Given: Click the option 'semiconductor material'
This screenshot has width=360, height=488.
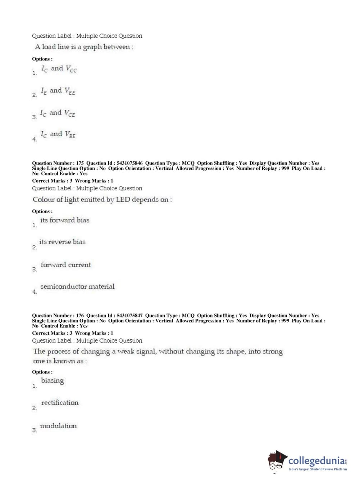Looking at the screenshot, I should click(x=77, y=287).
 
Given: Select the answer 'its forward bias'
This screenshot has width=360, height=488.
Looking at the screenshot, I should click(x=65, y=220).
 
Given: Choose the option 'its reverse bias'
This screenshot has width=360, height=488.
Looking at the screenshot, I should click(x=62, y=242).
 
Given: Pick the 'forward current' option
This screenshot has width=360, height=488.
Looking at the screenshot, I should click(x=66, y=265).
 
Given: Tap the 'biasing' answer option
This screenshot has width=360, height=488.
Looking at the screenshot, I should click(x=53, y=381).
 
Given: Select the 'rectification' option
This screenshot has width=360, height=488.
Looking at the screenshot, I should click(x=60, y=403).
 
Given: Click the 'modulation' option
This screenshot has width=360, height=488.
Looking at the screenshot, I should click(x=58, y=426).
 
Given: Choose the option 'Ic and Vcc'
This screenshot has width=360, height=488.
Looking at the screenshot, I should click(x=59, y=69).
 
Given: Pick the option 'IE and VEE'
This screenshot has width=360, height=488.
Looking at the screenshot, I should click(x=58, y=91).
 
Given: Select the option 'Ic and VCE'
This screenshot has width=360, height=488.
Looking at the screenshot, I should click(x=58, y=113).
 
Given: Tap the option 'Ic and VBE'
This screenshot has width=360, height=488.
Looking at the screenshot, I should click(x=58, y=135).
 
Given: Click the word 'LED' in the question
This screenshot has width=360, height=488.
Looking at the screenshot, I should click(x=123, y=200).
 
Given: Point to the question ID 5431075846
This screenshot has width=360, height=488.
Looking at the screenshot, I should click(x=129, y=163).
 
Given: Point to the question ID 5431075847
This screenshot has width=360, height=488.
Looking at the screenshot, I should click(x=129, y=315).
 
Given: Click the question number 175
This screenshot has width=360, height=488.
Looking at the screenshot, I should click(x=80, y=163).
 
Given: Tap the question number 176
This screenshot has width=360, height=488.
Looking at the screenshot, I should click(x=80, y=315).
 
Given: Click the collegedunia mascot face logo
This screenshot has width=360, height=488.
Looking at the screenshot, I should click(x=277, y=461).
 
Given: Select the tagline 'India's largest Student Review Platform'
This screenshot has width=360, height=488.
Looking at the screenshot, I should click(x=318, y=469).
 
